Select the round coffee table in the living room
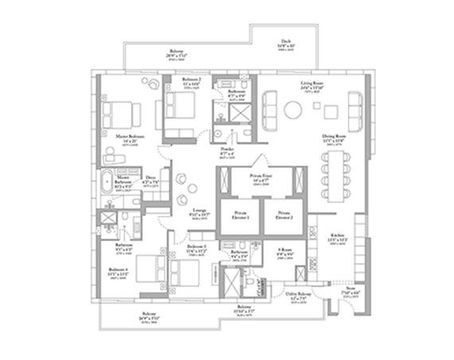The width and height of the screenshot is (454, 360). (x=293, y=110)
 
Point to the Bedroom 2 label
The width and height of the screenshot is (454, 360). (x=191, y=80)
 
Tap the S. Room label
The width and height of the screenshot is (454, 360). (x=284, y=253)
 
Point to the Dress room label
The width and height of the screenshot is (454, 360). (x=151, y=180)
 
